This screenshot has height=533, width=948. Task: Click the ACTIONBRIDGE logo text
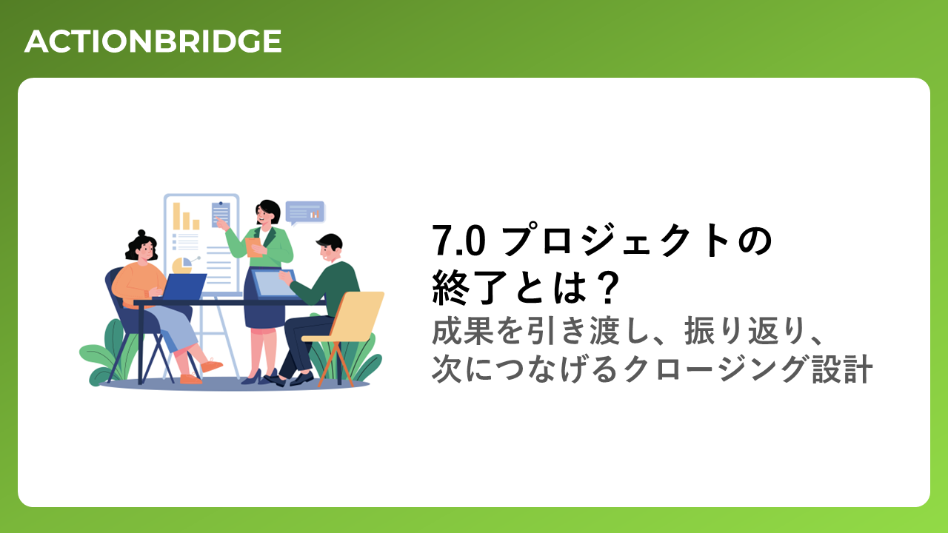[153, 41]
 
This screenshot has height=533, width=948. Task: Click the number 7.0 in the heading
[458, 241]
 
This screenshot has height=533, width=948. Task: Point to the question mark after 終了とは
[608, 288]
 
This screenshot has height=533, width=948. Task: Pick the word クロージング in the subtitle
[713, 369]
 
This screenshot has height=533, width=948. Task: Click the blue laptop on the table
[183, 286]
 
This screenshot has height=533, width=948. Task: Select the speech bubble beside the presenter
[304, 212]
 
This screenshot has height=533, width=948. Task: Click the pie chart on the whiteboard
[182, 265]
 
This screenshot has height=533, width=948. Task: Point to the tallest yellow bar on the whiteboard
[176, 216]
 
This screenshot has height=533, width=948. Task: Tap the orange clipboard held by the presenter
[253, 247]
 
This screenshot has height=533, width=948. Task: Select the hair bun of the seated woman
[141, 233]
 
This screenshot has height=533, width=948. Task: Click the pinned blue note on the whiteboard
[221, 215]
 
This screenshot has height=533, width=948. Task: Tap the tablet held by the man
[273, 284]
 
